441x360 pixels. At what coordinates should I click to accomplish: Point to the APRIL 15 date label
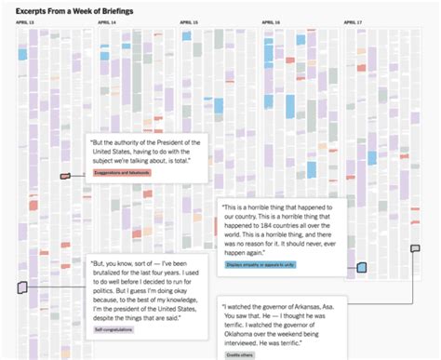point(188,21)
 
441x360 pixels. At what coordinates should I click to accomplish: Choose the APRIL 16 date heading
point(271,21)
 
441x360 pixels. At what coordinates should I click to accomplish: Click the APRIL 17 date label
point(353,21)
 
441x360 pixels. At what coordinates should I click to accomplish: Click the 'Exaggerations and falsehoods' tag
point(122,173)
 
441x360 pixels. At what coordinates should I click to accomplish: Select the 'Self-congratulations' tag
point(114,329)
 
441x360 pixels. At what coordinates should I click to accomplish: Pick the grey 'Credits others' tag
point(239,354)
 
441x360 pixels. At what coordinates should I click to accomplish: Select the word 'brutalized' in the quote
point(113,274)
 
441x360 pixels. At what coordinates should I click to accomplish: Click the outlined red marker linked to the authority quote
point(65,176)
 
